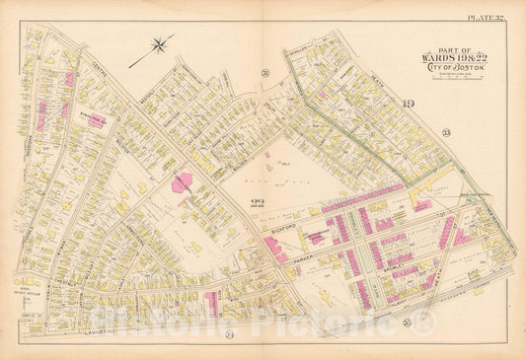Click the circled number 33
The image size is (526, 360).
445,132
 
